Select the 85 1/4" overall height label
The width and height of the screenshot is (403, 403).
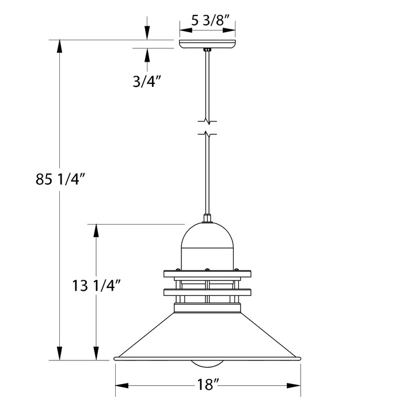click(x=60, y=180)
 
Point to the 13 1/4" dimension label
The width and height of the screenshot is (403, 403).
click(x=96, y=284)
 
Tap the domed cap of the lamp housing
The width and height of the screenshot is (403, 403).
click(x=207, y=236)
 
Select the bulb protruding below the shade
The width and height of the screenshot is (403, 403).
click(x=207, y=364)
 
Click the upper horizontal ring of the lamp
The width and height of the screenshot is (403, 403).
click(x=207, y=273)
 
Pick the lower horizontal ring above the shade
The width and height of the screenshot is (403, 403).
click(x=207, y=293)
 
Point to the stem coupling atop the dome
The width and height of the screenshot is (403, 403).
click(x=207, y=218)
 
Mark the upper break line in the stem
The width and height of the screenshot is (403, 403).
click(x=207, y=121)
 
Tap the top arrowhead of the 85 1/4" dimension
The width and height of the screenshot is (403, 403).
click(x=59, y=46)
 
